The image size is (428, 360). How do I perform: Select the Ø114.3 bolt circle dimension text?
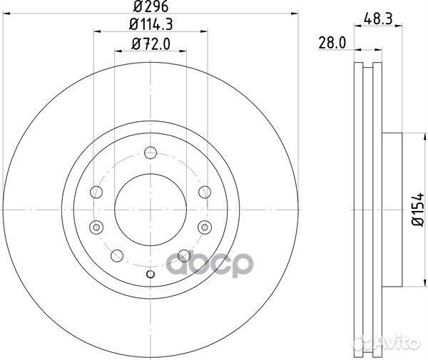[151, 26]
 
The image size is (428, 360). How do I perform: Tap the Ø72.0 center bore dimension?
[151, 44]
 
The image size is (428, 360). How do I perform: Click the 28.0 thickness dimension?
[333, 44]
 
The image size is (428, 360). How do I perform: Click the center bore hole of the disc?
[151, 207]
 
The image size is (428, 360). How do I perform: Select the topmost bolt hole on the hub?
[150, 152]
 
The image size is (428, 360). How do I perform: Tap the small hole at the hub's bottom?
[150, 274]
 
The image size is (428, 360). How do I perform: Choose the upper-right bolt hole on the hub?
[205, 190]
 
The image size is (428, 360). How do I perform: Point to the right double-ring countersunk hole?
[205, 227]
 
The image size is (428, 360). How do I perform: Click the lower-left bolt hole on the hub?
[118, 254]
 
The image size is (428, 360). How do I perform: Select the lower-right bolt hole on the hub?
[183, 254]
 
